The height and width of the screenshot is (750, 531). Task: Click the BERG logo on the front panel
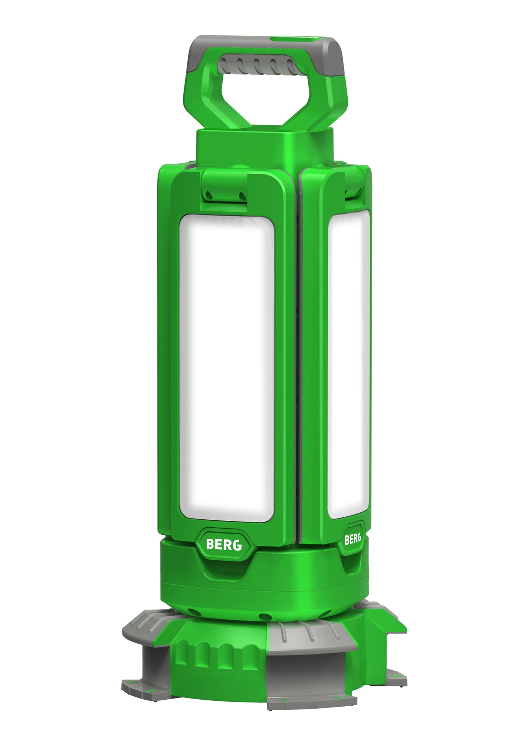[x=224, y=545]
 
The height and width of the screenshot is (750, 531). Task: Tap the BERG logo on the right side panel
[x=352, y=539]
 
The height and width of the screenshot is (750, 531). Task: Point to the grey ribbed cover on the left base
[x=147, y=625]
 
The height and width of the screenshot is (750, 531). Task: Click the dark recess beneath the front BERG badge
[x=224, y=573]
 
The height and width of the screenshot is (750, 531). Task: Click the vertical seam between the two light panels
[x=297, y=367]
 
